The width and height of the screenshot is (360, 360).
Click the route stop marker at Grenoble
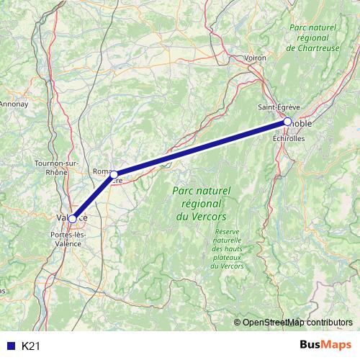point(287,122)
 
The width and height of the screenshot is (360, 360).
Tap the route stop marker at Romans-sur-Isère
point(114,174)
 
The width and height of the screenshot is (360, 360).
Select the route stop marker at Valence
point(72,218)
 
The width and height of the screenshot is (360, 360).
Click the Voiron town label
point(255,58)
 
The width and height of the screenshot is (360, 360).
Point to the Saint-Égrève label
point(279,107)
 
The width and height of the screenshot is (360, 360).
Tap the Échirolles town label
point(289,138)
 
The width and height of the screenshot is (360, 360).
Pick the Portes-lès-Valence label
point(68,238)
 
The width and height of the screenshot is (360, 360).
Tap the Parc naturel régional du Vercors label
point(201,203)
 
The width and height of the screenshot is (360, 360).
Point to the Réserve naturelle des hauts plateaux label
point(230,248)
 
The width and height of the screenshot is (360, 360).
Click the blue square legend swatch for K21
point(9,346)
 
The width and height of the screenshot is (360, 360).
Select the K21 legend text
point(30,346)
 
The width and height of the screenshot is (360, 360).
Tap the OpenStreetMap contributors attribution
point(297,323)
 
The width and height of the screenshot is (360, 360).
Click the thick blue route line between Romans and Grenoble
point(202,148)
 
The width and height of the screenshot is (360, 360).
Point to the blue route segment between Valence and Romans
point(93,196)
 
